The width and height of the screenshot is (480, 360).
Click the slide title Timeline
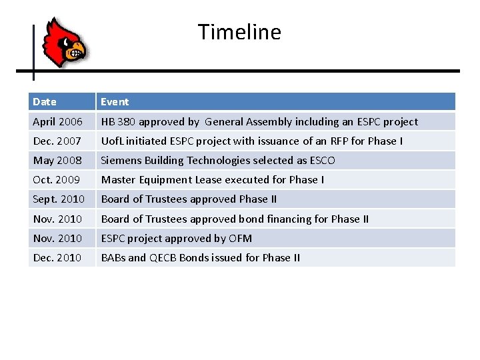pyautogui.click(x=239, y=32)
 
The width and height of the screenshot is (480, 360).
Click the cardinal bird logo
pyautogui.click(x=64, y=42)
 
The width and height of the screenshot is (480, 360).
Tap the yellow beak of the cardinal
pyautogui.click(x=77, y=49)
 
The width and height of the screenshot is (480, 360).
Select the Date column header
pyautogui.click(x=45, y=102)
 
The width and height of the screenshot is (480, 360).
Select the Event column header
pyautogui.click(x=115, y=102)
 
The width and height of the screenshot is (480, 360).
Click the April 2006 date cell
pyautogui.click(x=57, y=122)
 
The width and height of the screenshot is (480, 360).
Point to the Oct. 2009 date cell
pyautogui.click(x=56, y=180)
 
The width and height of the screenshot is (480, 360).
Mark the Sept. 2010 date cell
pyautogui.click(x=59, y=199)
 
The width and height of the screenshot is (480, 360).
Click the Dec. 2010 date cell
pyautogui.click(x=57, y=257)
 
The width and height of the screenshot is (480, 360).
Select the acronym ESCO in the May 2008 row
pyautogui.click(x=323, y=161)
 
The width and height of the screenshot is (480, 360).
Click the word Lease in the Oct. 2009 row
pyautogui.click(x=208, y=180)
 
